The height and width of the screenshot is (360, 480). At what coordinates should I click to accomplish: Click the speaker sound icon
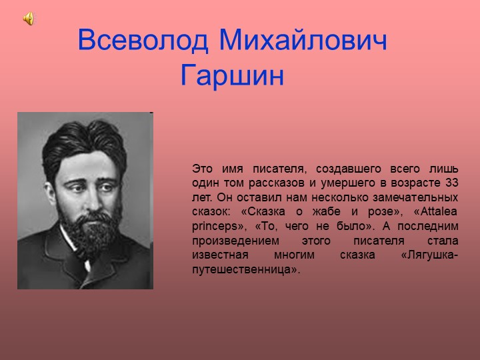coord(29,19)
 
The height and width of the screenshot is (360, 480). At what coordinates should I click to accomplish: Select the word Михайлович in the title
coord(304,41)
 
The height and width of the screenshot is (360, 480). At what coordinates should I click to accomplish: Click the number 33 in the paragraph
coord(451,183)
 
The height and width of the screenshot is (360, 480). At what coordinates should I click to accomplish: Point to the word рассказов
coord(273,183)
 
